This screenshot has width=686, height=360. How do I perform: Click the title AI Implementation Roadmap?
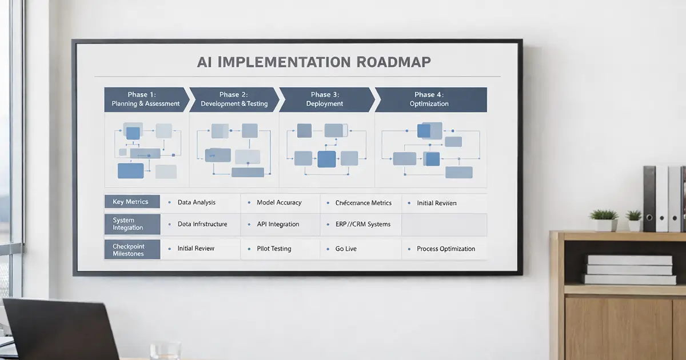point(313,61)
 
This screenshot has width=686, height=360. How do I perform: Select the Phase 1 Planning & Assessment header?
point(146,99)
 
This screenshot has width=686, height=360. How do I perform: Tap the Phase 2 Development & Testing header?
point(233,99)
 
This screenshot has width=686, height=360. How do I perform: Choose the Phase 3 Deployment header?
point(326,99)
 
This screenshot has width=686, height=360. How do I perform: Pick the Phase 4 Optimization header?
point(430,99)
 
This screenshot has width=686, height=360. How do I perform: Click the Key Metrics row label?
point(131,202)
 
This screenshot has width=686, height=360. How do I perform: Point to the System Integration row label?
point(131,224)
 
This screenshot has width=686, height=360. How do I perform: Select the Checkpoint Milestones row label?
point(131,249)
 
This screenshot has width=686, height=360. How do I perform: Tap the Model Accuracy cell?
point(279,202)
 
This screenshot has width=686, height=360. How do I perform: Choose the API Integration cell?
point(278,224)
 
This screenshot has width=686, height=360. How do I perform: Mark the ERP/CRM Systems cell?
point(362,224)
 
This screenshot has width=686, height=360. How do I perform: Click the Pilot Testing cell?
point(274,249)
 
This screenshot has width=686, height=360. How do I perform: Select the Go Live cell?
point(346,249)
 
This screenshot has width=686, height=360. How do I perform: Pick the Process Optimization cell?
point(445,249)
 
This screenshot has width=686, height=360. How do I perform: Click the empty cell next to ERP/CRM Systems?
point(444,225)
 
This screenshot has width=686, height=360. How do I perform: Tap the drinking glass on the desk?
point(165,350)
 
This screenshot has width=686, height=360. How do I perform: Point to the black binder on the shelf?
point(649,198)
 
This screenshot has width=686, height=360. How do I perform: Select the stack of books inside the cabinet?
point(629,269)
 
